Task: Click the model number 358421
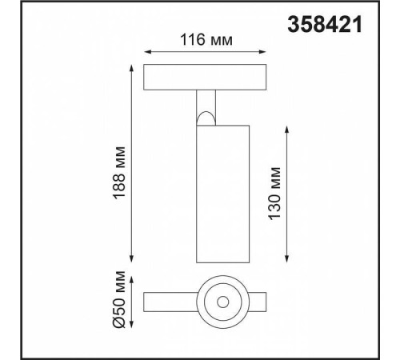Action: point(325,26)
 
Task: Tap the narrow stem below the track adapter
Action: point(205,102)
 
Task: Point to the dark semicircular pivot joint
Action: point(206,119)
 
